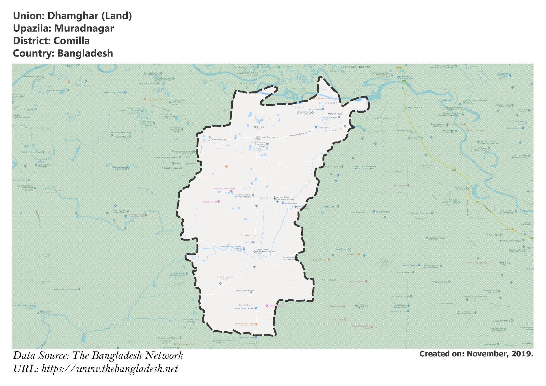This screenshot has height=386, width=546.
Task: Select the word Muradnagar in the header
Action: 84,29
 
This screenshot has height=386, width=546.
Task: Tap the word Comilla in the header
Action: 71,41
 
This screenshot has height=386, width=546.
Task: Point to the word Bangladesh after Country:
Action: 85,53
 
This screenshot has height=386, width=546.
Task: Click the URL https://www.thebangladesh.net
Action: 110,369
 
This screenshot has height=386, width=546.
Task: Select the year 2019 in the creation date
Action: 522,354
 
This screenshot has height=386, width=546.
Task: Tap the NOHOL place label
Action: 259,127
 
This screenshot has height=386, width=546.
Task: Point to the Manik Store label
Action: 323,128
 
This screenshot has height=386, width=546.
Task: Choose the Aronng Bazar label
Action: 315,109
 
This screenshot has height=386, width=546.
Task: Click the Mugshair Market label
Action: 210,202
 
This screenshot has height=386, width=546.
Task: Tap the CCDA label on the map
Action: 249,242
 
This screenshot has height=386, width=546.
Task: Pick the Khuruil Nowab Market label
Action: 244,308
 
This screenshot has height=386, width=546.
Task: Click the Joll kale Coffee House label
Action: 244,324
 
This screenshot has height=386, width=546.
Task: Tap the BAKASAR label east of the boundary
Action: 329,280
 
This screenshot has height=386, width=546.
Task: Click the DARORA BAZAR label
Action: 172,168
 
